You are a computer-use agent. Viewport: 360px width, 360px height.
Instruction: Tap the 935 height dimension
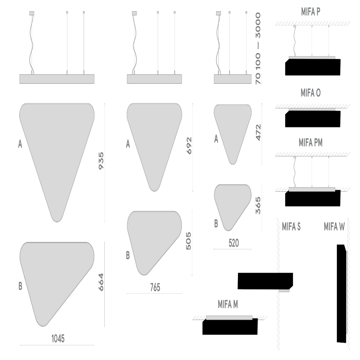(x=101, y=161)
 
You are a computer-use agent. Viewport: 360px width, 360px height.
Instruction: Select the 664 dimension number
(x=101, y=282)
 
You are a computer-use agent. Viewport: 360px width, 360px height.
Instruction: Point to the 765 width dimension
(x=155, y=287)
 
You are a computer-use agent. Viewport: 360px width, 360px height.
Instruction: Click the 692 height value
(x=189, y=145)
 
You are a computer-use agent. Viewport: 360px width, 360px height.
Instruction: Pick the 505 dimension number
(x=188, y=241)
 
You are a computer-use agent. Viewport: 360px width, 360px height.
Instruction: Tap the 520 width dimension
(x=234, y=243)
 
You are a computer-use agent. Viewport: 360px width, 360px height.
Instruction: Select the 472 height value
(x=258, y=133)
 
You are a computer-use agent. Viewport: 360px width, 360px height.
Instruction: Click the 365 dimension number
(x=258, y=205)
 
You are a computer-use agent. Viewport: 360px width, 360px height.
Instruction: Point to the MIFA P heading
(x=310, y=12)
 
